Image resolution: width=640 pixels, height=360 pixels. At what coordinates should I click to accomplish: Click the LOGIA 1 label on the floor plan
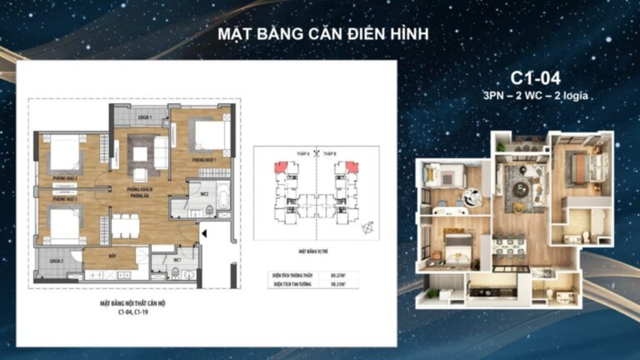click(x=145, y=117)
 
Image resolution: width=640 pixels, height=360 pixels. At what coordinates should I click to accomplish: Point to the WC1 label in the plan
click(x=177, y=260)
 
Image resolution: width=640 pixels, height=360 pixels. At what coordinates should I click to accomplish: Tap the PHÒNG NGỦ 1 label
click(x=204, y=160)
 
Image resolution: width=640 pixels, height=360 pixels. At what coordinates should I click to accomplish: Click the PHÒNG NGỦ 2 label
click(x=65, y=178)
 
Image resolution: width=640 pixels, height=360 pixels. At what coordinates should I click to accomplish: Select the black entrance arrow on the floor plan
click(x=204, y=233)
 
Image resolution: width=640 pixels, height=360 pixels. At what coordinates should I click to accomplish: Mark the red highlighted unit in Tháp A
click(x=280, y=166)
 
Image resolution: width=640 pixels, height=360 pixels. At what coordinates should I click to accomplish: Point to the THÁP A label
click(x=303, y=154)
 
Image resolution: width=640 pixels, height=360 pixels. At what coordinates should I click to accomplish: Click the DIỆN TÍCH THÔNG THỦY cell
click(x=292, y=276)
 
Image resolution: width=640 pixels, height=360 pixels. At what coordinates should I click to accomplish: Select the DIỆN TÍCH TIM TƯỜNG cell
click(x=292, y=284)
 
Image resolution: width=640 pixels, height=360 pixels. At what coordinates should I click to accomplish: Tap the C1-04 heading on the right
click(x=535, y=78)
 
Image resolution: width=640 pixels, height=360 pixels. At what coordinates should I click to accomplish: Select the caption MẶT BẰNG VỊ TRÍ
click(x=313, y=252)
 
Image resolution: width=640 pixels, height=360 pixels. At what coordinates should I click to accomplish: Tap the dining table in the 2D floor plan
click(x=125, y=226)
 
